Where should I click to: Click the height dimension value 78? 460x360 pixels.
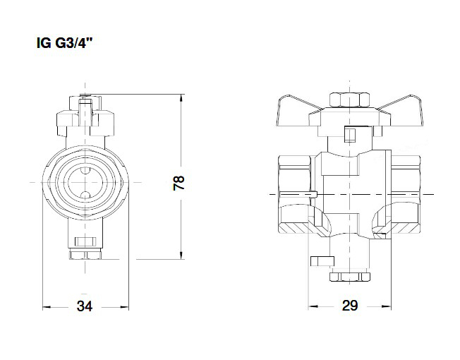click(x=179, y=183)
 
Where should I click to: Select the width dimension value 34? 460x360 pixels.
click(x=85, y=306)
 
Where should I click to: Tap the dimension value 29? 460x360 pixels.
click(x=349, y=306)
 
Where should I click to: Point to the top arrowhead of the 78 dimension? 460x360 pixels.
click(x=182, y=96)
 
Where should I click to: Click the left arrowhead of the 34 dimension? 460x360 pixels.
click(x=47, y=307)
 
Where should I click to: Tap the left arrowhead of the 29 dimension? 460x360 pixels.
click(x=313, y=307)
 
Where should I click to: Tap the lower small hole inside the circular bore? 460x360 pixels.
click(x=85, y=196)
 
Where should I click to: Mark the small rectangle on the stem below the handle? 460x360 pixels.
click(x=348, y=134)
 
